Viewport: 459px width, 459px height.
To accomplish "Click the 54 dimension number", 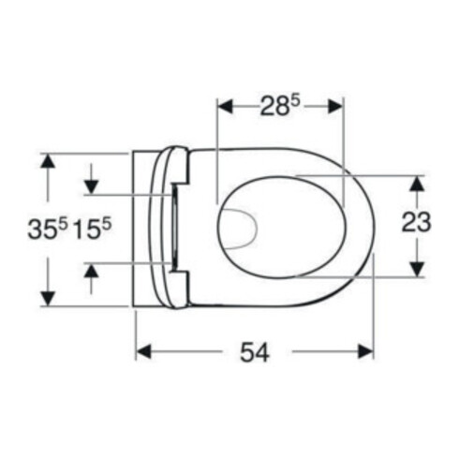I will point(255,353).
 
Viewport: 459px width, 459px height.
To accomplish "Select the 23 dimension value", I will point(416,222).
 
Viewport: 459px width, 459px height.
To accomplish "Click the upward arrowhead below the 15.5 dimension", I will point(91,271).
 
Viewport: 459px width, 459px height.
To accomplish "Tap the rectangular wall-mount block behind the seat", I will point(150,229).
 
